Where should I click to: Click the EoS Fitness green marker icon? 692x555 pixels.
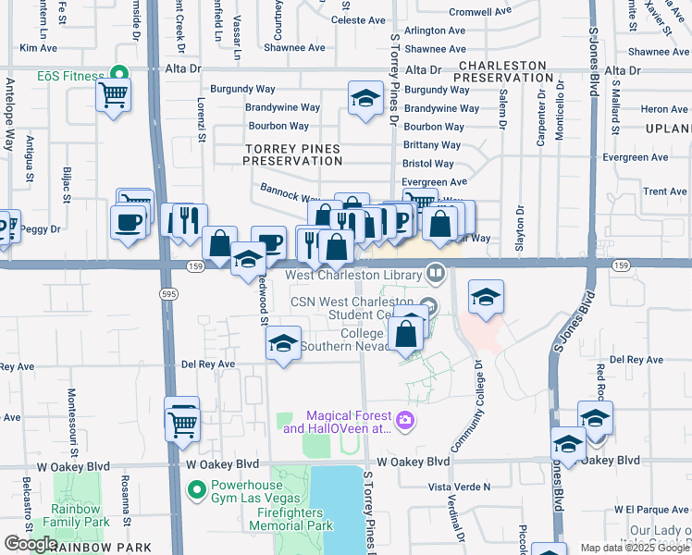[x=117, y=75]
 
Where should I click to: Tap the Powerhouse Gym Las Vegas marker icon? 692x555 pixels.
[x=195, y=488]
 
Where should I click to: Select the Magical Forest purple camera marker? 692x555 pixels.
[x=404, y=422]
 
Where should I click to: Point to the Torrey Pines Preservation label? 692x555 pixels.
[x=292, y=154]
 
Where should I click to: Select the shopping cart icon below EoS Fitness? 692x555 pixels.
[x=113, y=93]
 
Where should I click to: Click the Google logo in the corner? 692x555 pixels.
[x=30, y=544]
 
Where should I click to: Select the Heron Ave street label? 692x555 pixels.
[x=664, y=109]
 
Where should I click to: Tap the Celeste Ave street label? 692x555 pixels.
[x=357, y=19]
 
